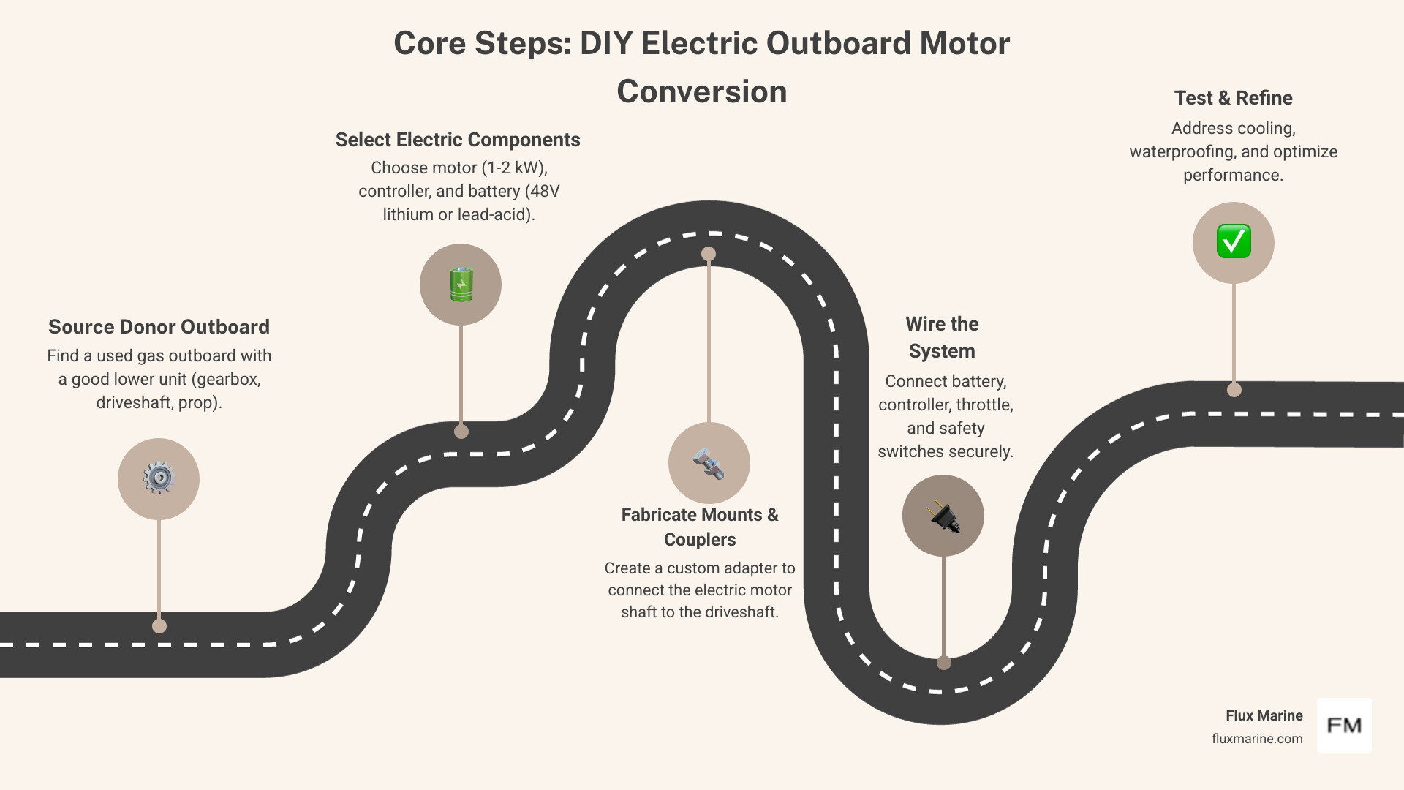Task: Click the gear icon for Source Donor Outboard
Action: point(159,478)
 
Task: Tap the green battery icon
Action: point(461,285)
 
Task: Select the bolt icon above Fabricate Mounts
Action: point(709,463)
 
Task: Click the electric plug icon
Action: point(943,516)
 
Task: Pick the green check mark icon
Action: point(1234,242)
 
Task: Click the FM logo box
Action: point(1344,726)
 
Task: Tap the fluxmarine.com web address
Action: point(1257,739)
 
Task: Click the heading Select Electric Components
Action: point(458,140)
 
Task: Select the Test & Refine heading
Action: point(1233,98)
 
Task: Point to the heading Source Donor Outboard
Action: point(159,327)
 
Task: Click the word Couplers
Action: point(700,540)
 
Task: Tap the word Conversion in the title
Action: point(701,92)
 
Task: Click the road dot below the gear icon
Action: point(159,626)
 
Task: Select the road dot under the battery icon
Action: point(461,432)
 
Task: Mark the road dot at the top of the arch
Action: point(709,254)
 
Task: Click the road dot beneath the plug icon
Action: point(943,663)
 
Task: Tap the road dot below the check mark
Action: point(1234,390)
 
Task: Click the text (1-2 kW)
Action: point(514,168)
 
